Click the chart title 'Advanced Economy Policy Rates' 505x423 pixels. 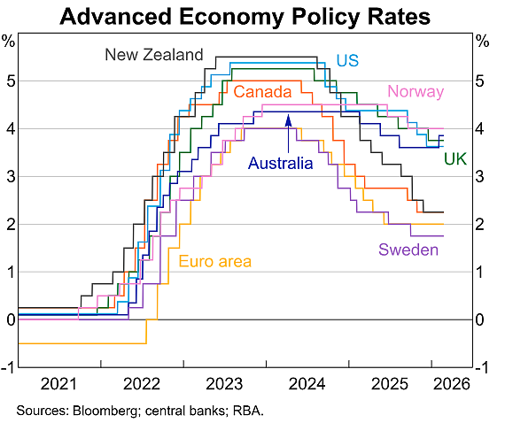pyautogui.click(x=245, y=17)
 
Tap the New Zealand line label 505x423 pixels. pyautogui.click(x=154, y=55)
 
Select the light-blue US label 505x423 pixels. pyautogui.click(x=347, y=60)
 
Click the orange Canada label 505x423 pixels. pyautogui.click(x=262, y=92)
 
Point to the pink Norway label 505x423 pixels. pyautogui.click(x=416, y=91)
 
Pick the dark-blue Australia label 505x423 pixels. pyautogui.click(x=281, y=163)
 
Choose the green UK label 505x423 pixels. pyautogui.click(x=455, y=159)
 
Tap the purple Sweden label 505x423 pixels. pyautogui.click(x=408, y=250)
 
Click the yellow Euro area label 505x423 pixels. pyautogui.click(x=214, y=261)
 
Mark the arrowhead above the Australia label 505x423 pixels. pyautogui.click(x=288, y=119)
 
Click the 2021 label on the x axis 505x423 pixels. pyautogui.click(x=59, y=384)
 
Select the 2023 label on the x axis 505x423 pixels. pyautogui.click(x=224, y=384)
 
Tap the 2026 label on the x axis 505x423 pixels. pyautogui.click(x=452, y=384)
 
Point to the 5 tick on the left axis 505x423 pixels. pyautogui.click(x=12, y=81)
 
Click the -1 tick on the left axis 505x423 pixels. pyautogui.click(x=8, y=367)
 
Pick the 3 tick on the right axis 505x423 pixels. pyautogui.click(x=480, y=177)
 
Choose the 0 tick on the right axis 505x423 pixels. pyautogui.click(x=480, y=319)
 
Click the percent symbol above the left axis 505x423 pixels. pyautogui.click(x=8, y=41)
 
